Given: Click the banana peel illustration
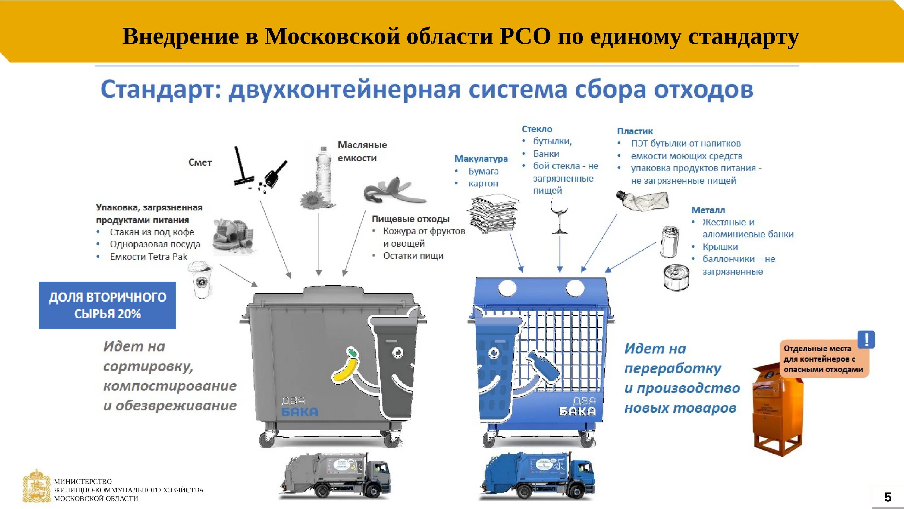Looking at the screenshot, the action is click(393, 191).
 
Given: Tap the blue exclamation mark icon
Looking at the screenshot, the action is click(866, 340).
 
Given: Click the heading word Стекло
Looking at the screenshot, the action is click(537, 129).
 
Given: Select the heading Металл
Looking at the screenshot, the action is click(708, 210).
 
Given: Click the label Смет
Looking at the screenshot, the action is click(200, 162).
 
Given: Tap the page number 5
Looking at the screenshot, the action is click(887, 497).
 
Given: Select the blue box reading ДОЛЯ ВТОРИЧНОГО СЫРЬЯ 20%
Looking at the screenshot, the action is click(107, 305).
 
